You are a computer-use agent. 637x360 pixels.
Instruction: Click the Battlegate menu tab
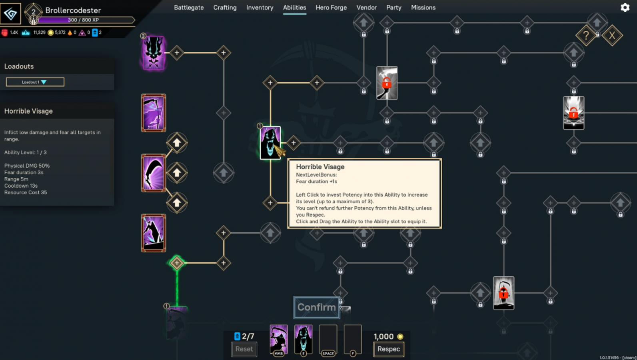pos(189,8)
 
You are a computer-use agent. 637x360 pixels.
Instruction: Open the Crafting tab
pos(225,8)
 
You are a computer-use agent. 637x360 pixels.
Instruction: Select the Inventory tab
pos(260,8)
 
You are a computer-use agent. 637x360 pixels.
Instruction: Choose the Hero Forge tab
pos(331,8)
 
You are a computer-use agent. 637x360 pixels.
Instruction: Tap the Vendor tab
pos(366,8)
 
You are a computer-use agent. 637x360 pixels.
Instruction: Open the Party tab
pos(393,8)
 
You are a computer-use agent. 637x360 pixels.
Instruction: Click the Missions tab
pos(423,8)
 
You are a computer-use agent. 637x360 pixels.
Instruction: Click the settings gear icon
pos(625,8)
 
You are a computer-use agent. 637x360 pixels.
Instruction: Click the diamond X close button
pos(612,36)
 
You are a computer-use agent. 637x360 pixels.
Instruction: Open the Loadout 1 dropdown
pos(35,82)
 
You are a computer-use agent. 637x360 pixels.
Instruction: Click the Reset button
pos(244,349)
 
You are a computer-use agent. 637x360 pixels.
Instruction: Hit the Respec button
pos(388,349)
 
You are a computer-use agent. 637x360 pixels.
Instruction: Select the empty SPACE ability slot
pos(328,339)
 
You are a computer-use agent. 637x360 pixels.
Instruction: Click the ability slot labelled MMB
pos(279,339)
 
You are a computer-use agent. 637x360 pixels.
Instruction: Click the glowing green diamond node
pos(177,263)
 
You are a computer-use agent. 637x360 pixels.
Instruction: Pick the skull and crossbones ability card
pos(154,53)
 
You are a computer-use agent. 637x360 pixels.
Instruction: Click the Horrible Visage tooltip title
pos(320,167)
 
